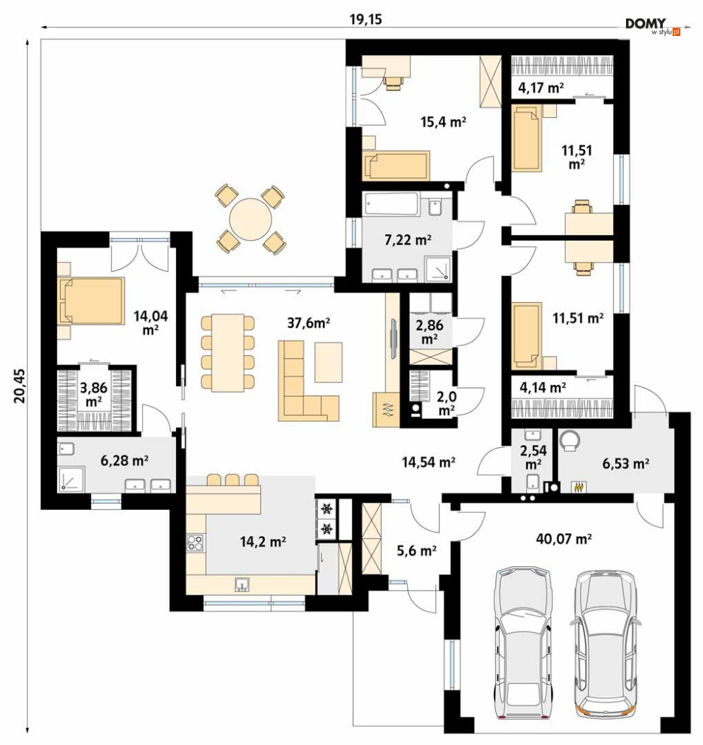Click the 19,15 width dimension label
point(365,20)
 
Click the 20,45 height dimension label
point(20,386)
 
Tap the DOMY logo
point(653,27)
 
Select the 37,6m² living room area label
point(309,323)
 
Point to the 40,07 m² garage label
point(564,539)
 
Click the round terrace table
point(251,220)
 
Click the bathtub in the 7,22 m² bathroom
point(392,204)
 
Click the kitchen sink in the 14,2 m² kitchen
point(242,585)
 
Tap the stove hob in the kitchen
point(195,542)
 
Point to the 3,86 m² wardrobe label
point(94,394)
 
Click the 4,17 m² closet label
point(541,88)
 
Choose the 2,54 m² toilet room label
point(533,457)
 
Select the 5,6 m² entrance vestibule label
point(416,551)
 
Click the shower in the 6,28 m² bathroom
point(71,479)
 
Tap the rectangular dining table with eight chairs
point(228,352)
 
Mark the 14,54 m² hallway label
point(428,462)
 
